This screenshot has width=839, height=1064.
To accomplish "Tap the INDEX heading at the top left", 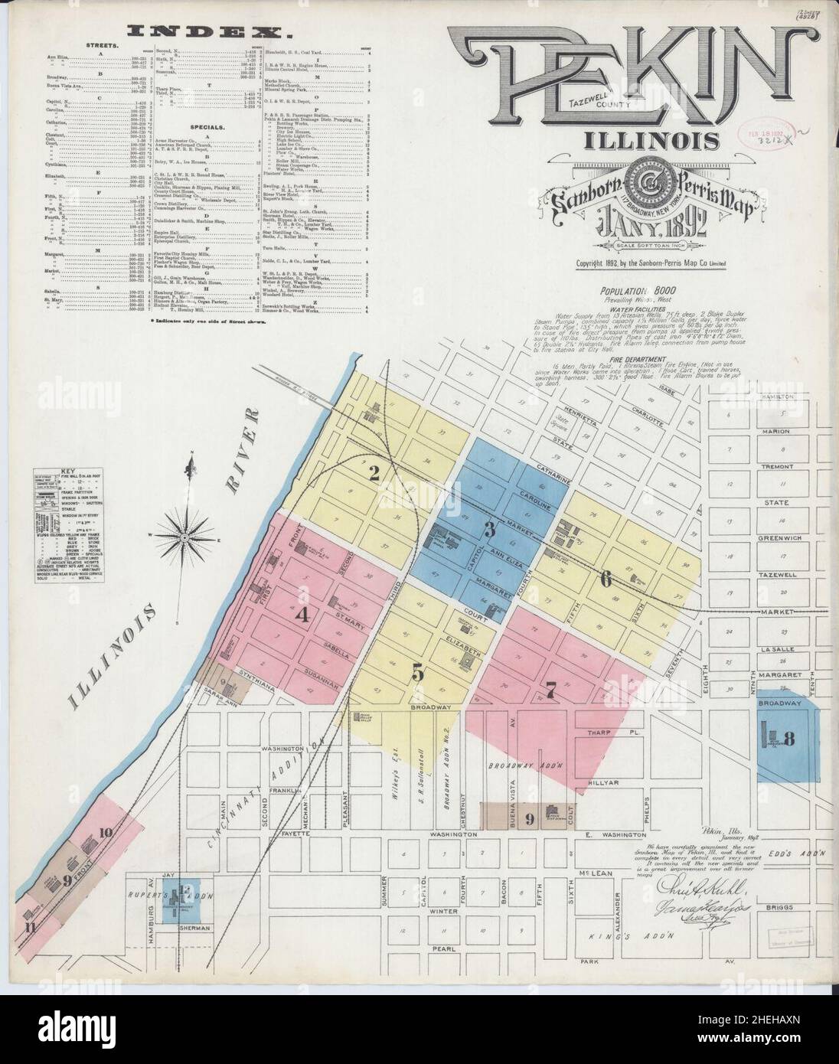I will (209, 31).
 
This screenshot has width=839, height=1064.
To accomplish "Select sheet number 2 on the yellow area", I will (374, 474).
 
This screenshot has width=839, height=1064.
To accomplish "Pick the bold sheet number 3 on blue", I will (488, 530).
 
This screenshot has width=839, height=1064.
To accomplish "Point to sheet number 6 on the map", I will (605, 579).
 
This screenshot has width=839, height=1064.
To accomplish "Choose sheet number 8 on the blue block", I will (789, 739).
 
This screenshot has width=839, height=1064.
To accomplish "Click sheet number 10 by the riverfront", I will (106, 833).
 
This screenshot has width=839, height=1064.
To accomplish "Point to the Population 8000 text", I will (644, 292).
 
